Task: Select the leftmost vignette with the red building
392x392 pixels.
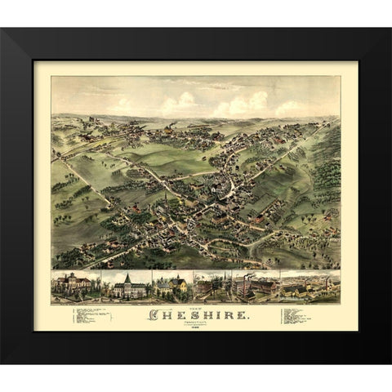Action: (75, 286)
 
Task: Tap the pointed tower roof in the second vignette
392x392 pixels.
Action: (127, 278)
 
